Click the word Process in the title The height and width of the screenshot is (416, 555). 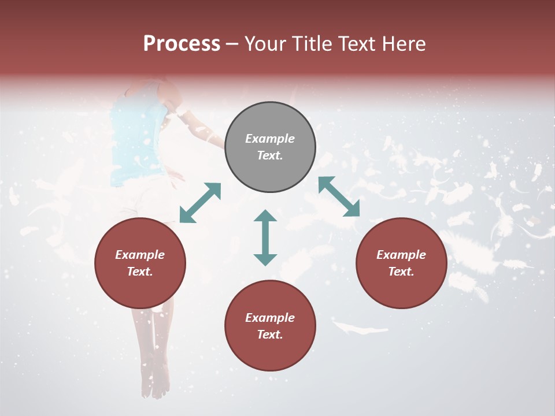click(x=182, y=44)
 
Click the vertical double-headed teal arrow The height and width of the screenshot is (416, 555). click(x=265, y=237)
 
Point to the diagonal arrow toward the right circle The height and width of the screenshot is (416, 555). click(x=339, y=196)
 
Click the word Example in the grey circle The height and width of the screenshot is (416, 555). click(x=270, y=139)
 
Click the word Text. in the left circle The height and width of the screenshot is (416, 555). click(x=140, y=272)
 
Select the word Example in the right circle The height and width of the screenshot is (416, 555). click(x=401, y=255)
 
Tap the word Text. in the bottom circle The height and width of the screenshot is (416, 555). click(x=270, y=335)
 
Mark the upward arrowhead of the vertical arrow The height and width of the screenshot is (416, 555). click(x=265, y=217)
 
